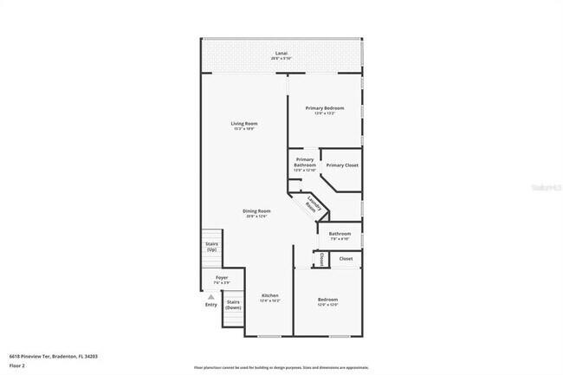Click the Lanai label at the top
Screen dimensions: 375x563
(x=281, y=54)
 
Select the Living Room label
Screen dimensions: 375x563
(x=244, y=124)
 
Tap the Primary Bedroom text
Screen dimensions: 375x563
(x=325, y=107)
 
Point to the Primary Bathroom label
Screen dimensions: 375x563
(x=305, y=162)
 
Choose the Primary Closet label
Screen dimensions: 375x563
(x=342, y=165)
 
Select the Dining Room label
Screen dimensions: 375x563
(x=256, y=211)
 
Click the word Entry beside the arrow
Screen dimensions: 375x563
(x=211, y=305)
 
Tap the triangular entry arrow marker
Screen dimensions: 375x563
(x=210, y=296)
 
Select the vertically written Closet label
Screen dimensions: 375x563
(x=320, y=259)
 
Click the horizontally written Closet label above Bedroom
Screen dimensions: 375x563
(x=346, y=258)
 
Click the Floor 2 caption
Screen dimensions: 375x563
(x=17, y=365)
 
